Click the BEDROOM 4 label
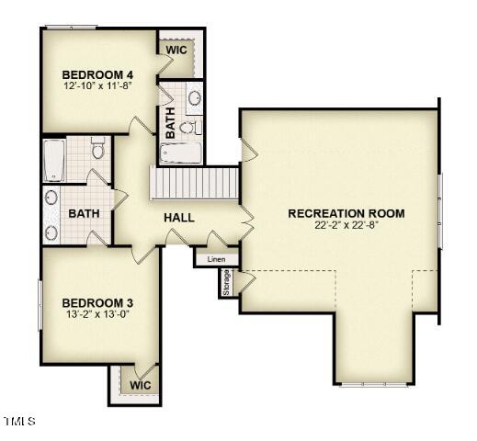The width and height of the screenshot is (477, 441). point(97,74)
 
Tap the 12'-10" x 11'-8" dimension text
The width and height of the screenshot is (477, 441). point(97,85)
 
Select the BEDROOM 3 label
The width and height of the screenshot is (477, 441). point(97,303)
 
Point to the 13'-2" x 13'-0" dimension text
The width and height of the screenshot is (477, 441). point(97,314)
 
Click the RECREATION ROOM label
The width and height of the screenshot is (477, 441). point(346,213)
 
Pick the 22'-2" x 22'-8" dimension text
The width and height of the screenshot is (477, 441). point(346,225)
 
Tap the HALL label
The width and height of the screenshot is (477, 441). point(179,218)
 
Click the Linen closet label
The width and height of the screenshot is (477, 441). point(216,259)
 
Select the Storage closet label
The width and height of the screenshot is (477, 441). point(226,282)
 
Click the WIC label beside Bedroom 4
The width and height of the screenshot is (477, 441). point(176,50)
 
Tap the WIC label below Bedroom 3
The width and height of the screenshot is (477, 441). point(141,385)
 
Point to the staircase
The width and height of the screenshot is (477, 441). point(194,183)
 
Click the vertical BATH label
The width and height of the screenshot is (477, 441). point(170,123)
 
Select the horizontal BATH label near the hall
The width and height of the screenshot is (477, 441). point(84,213)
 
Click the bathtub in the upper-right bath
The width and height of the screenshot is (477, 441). point(180,153)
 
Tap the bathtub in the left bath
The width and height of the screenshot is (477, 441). point(54,161)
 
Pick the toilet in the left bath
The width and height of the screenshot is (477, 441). point(98,148)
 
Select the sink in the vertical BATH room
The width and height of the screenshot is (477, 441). point(195,98)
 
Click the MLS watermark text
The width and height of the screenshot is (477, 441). point(20,421)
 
